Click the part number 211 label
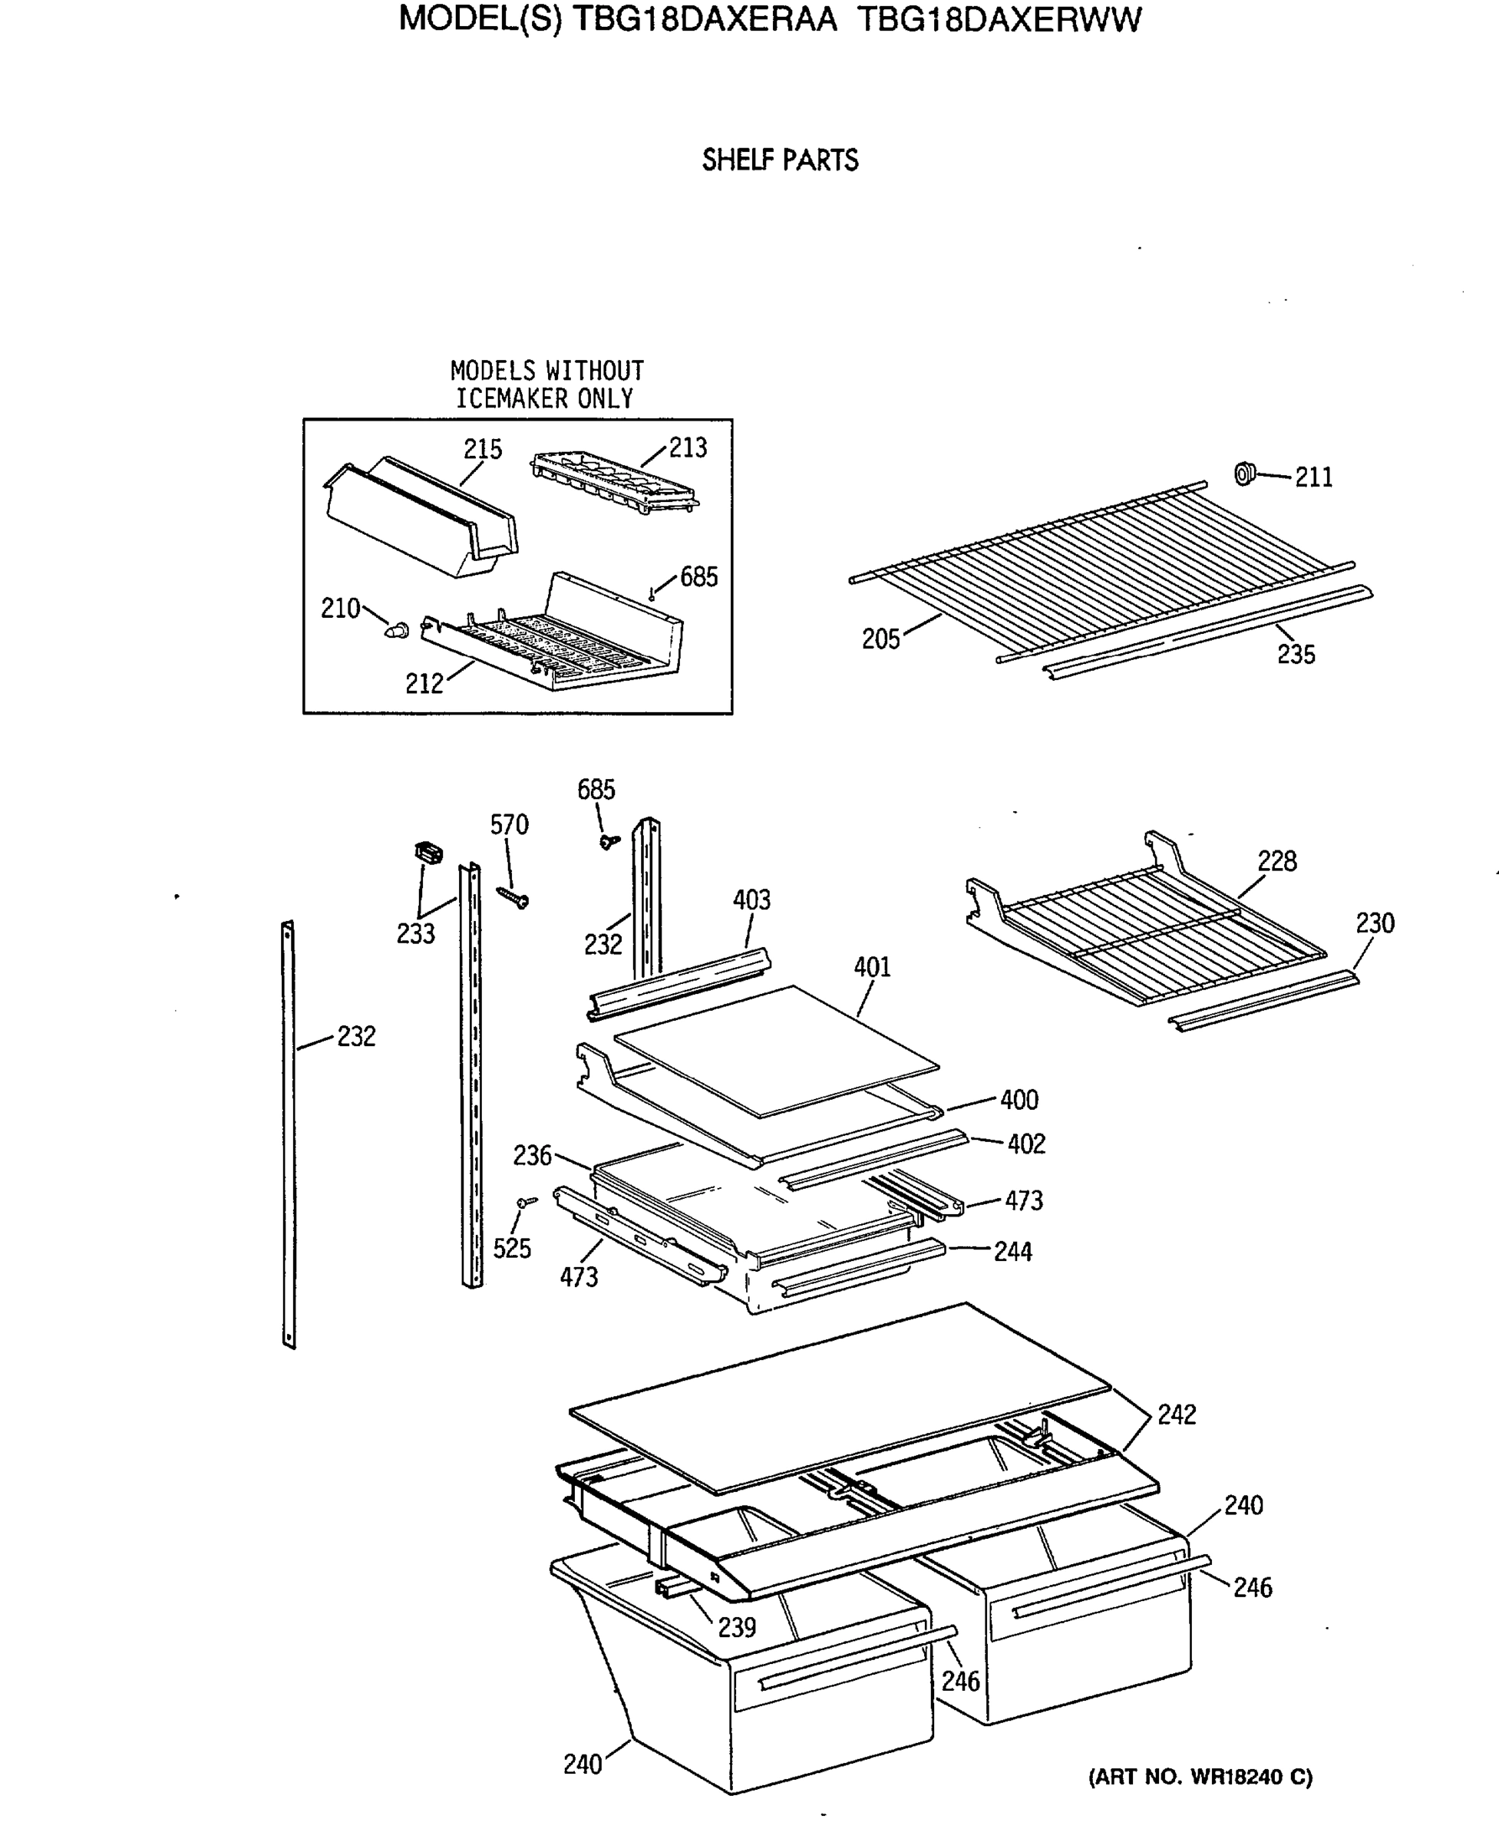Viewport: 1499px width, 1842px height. pyautogui.click(x=1313, y=477)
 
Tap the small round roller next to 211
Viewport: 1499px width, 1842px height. pyautogui.click(x=1243, y=474)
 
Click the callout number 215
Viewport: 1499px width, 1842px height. pyautogui.click(x=482, y=449)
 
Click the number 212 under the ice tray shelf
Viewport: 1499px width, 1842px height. pyautogui.click(x=424, y=684)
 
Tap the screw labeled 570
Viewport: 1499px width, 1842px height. pyautogui.click(x=513, y=899)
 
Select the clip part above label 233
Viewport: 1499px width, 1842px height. pyautogui.click(x=429, y=853)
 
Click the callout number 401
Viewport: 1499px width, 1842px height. pyautogui.click(x=872, y=967)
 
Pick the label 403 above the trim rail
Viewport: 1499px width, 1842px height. pyautogui.click(x=751, y=900)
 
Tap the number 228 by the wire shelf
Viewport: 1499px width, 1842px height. pyautogui.click(x=1276, y=861)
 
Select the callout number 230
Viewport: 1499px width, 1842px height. pyautogui.click(x=1375, y=923)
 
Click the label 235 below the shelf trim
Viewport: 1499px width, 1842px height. pyautogui.click(x=1296, y=655)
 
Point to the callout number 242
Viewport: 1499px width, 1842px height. pyautogui.click(x=1176, y=1415)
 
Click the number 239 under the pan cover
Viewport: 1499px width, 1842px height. pyautogui.click(x=737, y=1627)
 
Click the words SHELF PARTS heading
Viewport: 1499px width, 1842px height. pyautogui.click(x=780, y=160)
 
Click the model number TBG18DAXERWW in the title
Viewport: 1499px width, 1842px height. pyautogui.click(x=1000, y=19)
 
